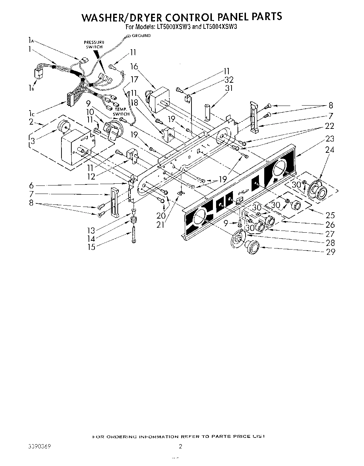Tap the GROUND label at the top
coord(141,36)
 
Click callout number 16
coord(134,66)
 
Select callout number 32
coord(229,80)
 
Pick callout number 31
coord(229,88)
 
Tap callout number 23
coord(330,139)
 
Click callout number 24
coord(330,150)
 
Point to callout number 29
coord(331,252)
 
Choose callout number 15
coord(91,247)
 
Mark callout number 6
coord(31,185)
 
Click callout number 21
coord(160,225)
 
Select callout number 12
coord(91,176)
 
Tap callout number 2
coord(31,122)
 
